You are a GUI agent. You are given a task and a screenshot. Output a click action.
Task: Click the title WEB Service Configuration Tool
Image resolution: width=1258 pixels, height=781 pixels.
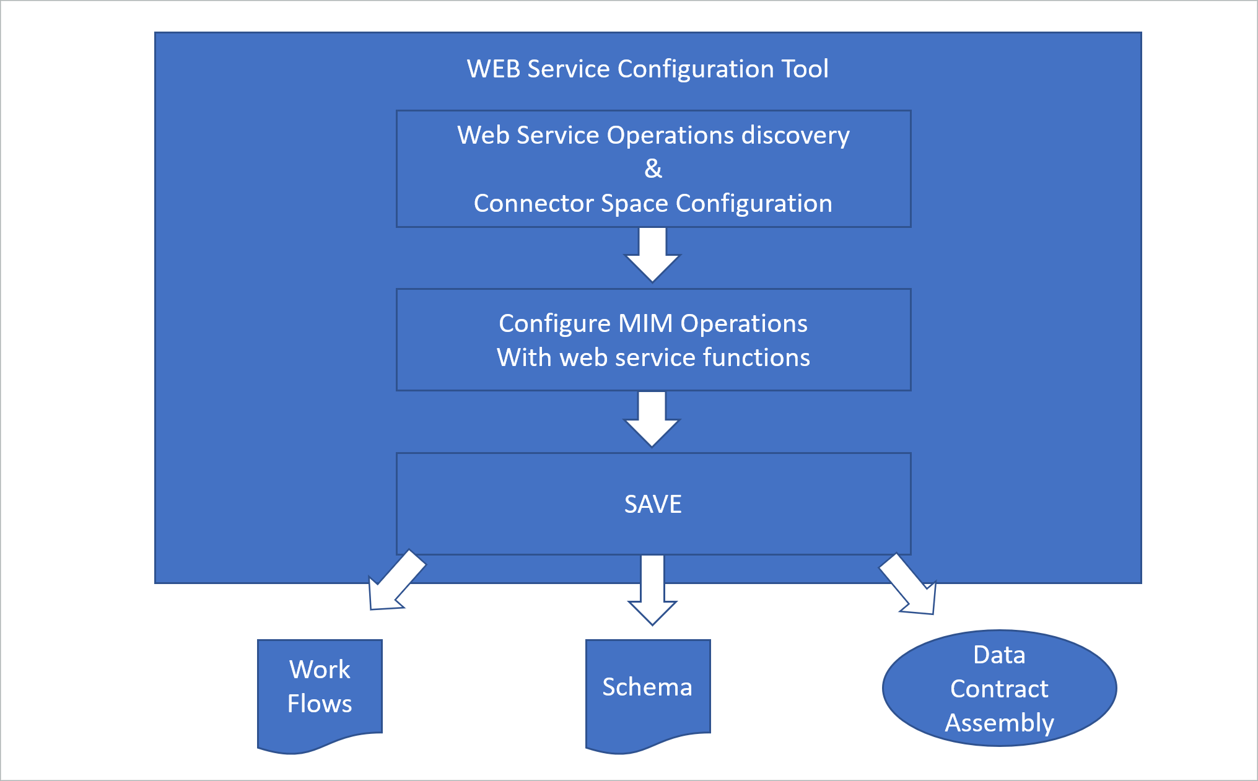[647, 69]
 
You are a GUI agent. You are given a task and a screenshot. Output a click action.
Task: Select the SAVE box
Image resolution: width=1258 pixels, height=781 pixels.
[653, 504]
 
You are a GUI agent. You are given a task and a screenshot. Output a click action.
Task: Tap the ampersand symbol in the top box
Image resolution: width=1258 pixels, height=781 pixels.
[653, 168]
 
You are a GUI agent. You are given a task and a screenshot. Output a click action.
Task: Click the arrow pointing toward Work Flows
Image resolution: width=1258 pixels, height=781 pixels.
[393, 583]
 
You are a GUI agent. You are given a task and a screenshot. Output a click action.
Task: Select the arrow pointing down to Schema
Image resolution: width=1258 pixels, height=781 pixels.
[652, 590]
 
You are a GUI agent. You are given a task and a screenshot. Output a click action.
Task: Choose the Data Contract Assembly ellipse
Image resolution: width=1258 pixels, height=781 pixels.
[999, 688]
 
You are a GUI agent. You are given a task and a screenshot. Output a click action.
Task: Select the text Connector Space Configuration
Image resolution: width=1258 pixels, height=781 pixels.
[653, 203]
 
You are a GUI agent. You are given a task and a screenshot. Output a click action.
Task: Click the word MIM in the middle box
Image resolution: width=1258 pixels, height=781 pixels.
[645, 323]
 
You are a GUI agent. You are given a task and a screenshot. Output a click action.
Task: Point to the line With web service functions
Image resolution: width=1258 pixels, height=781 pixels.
[653, 357]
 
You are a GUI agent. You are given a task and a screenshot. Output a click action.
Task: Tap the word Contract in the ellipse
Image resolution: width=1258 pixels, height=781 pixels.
[999, 689]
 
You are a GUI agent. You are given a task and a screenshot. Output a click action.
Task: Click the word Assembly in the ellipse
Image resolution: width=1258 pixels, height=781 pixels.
[999, 723]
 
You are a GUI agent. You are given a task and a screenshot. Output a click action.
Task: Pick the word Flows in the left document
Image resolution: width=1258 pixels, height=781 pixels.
[320, 704]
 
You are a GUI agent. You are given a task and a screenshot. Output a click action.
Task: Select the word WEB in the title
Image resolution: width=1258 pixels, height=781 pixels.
[494, 69]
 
